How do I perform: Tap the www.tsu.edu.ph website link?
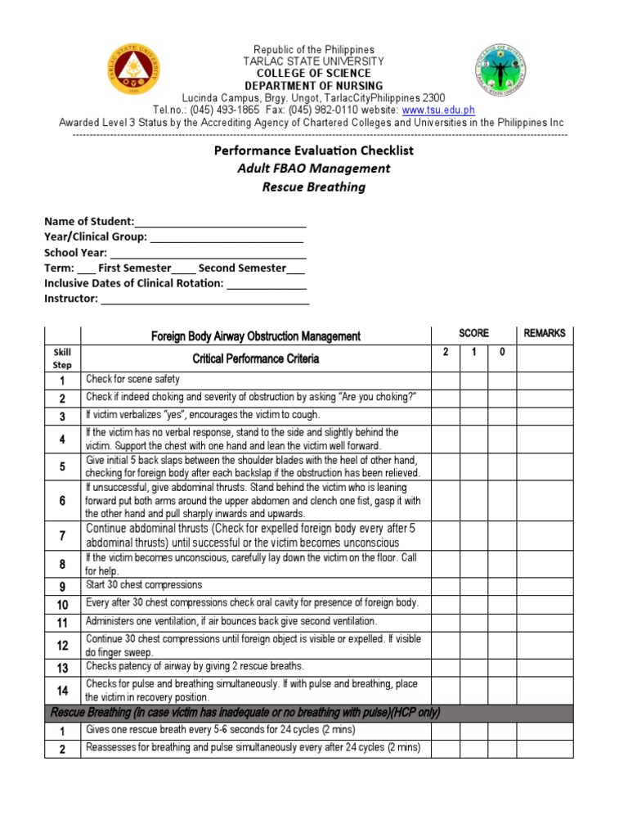tap(438, 110)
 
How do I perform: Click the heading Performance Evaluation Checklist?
tap(314, 151)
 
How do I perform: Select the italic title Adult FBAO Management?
tap(314, 169)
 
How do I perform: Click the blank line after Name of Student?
tap(220, 222)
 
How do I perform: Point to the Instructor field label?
tap(70, 299)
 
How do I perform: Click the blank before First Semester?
tap(87, 268)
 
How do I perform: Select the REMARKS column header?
tap(544, 334)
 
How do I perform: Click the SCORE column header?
tap(473, 334)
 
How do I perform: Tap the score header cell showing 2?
tap(445, 351)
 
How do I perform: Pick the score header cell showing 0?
tap(502, 351)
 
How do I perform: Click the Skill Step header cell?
tap(62, 358)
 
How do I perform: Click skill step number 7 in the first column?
tap(62, 535)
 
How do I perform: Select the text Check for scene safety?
tap(132, 380)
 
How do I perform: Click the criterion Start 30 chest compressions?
tap(145, 585)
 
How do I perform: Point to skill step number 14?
tap(62, 690)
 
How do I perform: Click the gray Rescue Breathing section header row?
tap(245, 713)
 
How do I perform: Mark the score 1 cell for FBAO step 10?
tap(473, 604)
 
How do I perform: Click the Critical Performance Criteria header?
tap(255, 358)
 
